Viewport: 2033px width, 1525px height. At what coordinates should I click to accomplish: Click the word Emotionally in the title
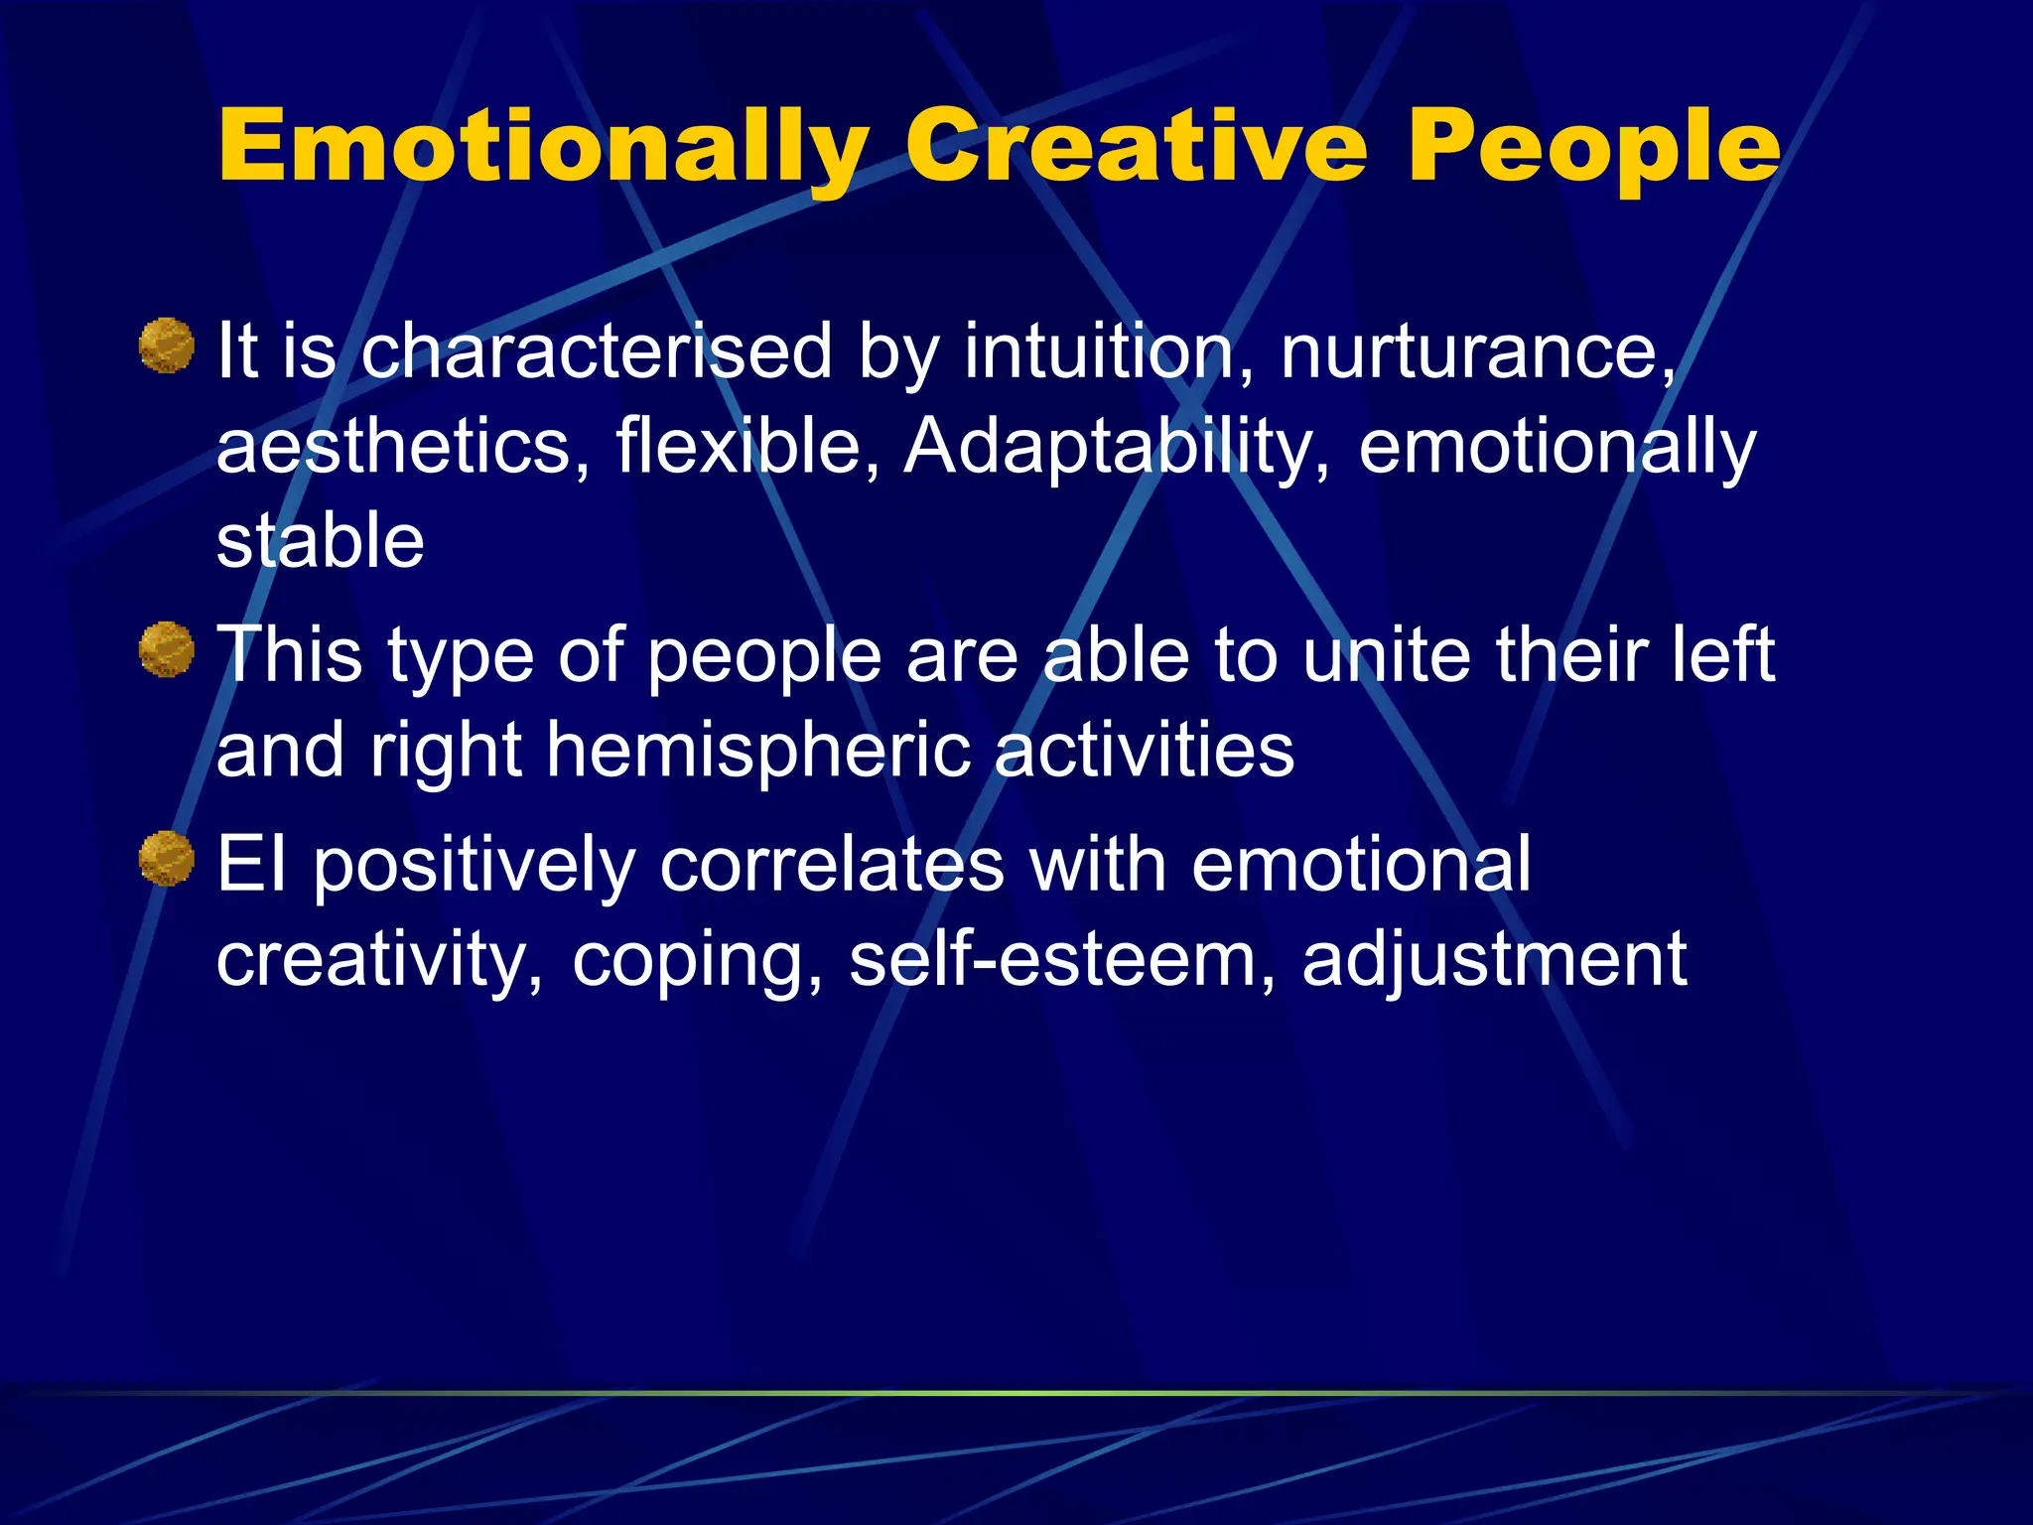(x=542, y=149)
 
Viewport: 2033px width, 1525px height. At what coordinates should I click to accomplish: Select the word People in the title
(x=1594, y=149)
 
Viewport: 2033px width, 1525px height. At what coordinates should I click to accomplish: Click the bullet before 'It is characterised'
(x=166, y=346)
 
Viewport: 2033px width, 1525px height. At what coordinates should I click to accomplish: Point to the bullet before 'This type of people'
(x=166, y=649)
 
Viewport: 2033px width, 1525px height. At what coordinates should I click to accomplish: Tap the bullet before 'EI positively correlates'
(x=166, y=858)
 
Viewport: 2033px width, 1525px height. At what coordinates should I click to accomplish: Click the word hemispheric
(x=757, y=752)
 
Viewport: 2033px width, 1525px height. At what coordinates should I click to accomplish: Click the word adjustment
(x=1494, y=961)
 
